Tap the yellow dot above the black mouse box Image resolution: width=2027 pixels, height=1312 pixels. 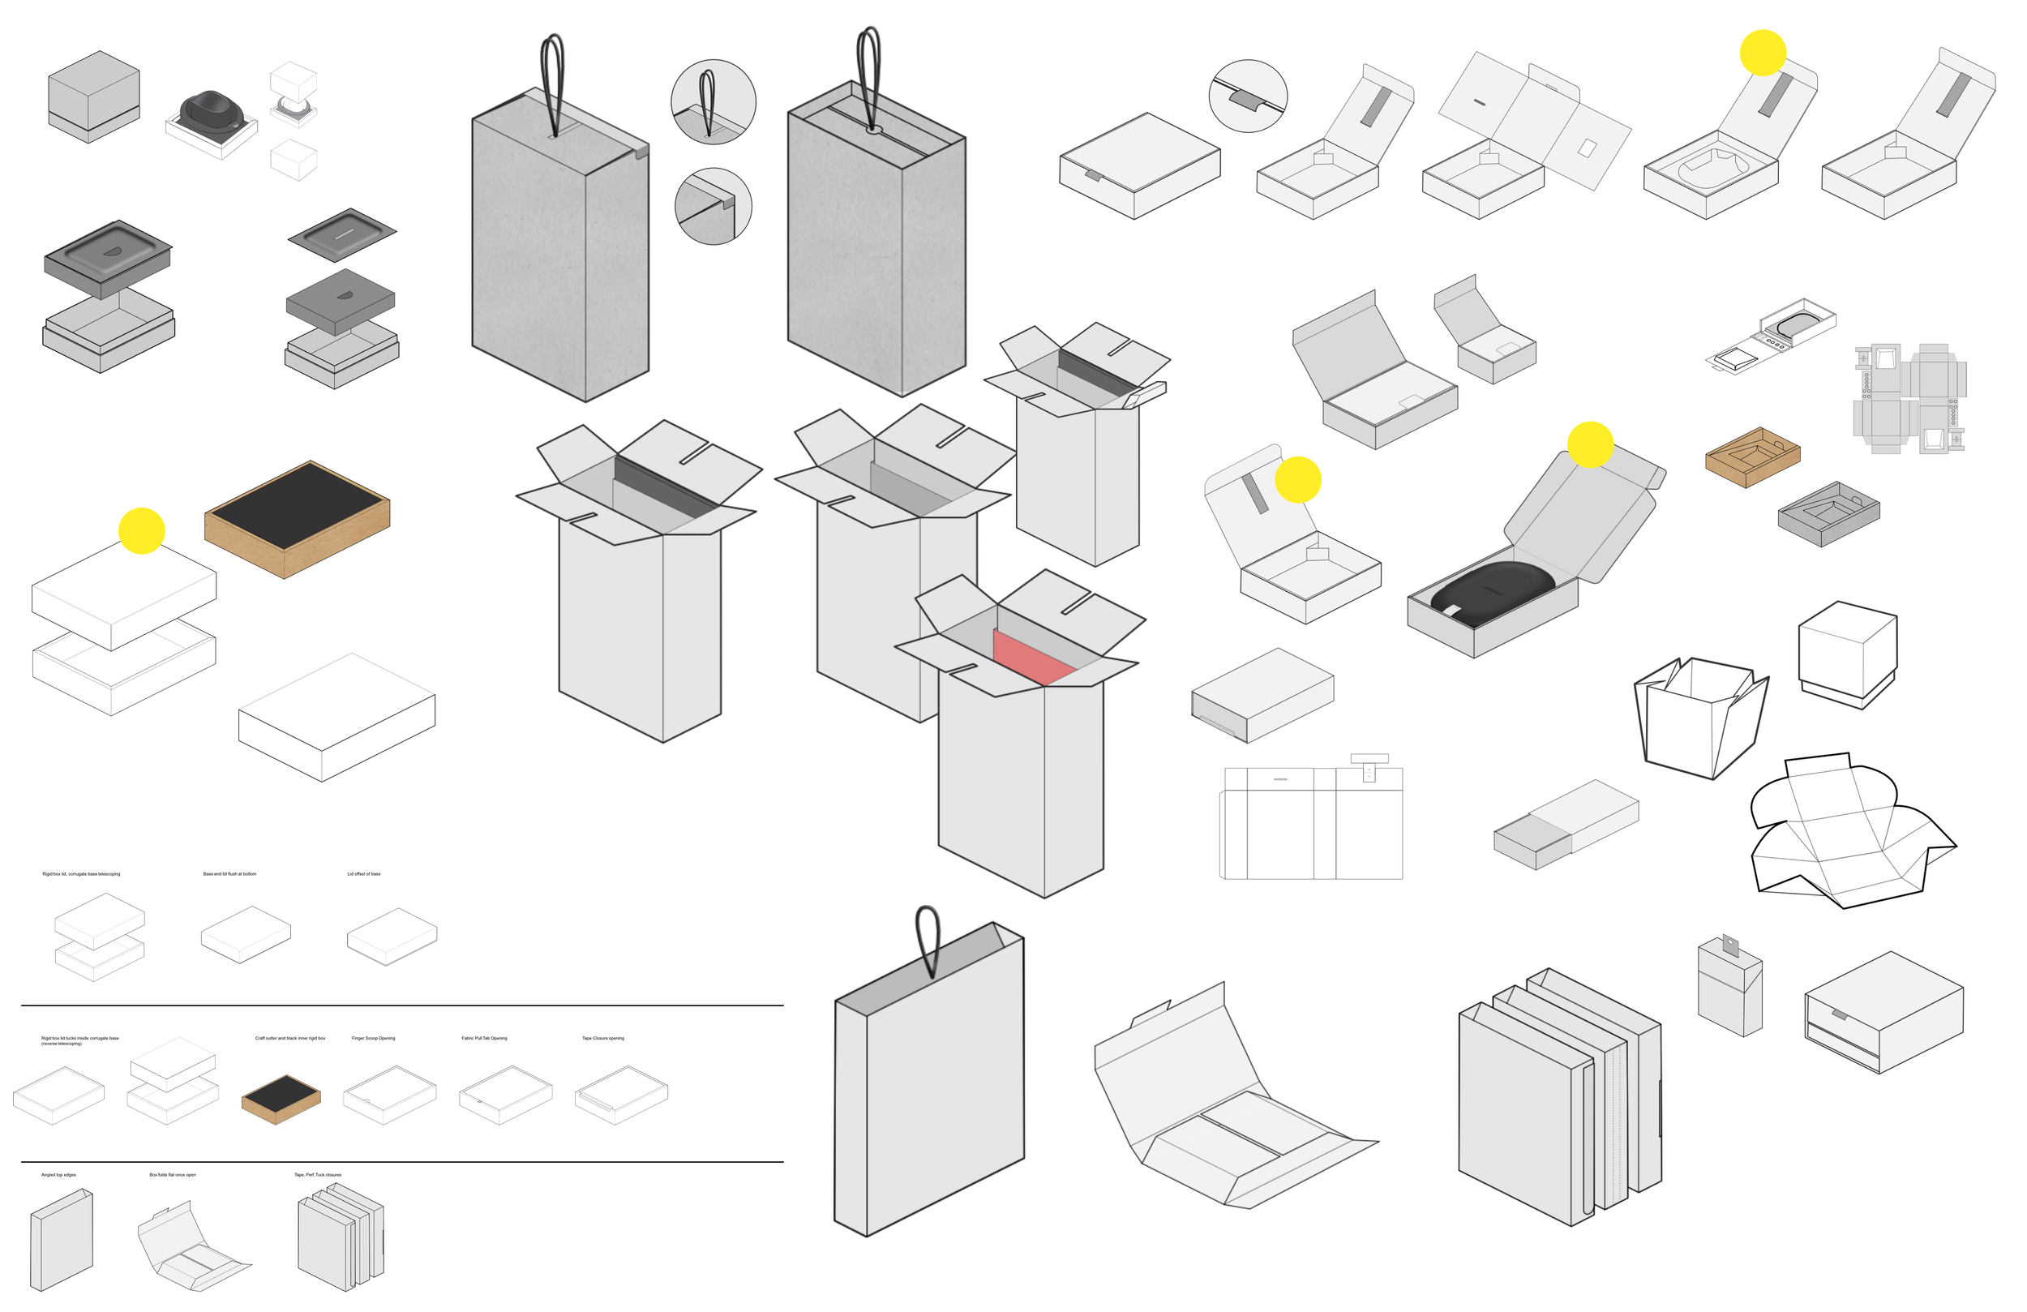(1589, 444)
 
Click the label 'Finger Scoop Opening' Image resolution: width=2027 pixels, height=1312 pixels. (373, 1039)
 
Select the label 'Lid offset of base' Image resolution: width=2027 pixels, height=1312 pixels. (364, 874)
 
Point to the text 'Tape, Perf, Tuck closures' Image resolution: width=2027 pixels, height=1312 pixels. (318, 1175)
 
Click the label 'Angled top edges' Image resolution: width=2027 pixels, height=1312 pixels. (58, 1175)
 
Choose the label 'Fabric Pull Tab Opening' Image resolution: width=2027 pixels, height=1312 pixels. (484, 1039)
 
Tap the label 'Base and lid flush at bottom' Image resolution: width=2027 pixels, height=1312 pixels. (229, 874)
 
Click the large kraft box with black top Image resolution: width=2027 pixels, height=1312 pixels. (297, 520)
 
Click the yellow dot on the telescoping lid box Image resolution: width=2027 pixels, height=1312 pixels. (141, 532)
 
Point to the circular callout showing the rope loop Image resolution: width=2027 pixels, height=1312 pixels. (713, 102)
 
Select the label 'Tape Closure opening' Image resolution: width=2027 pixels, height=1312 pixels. (603, 1039)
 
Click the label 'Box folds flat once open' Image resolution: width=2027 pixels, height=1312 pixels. (172, 1175)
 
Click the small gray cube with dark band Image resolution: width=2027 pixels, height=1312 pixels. (94, 96)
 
